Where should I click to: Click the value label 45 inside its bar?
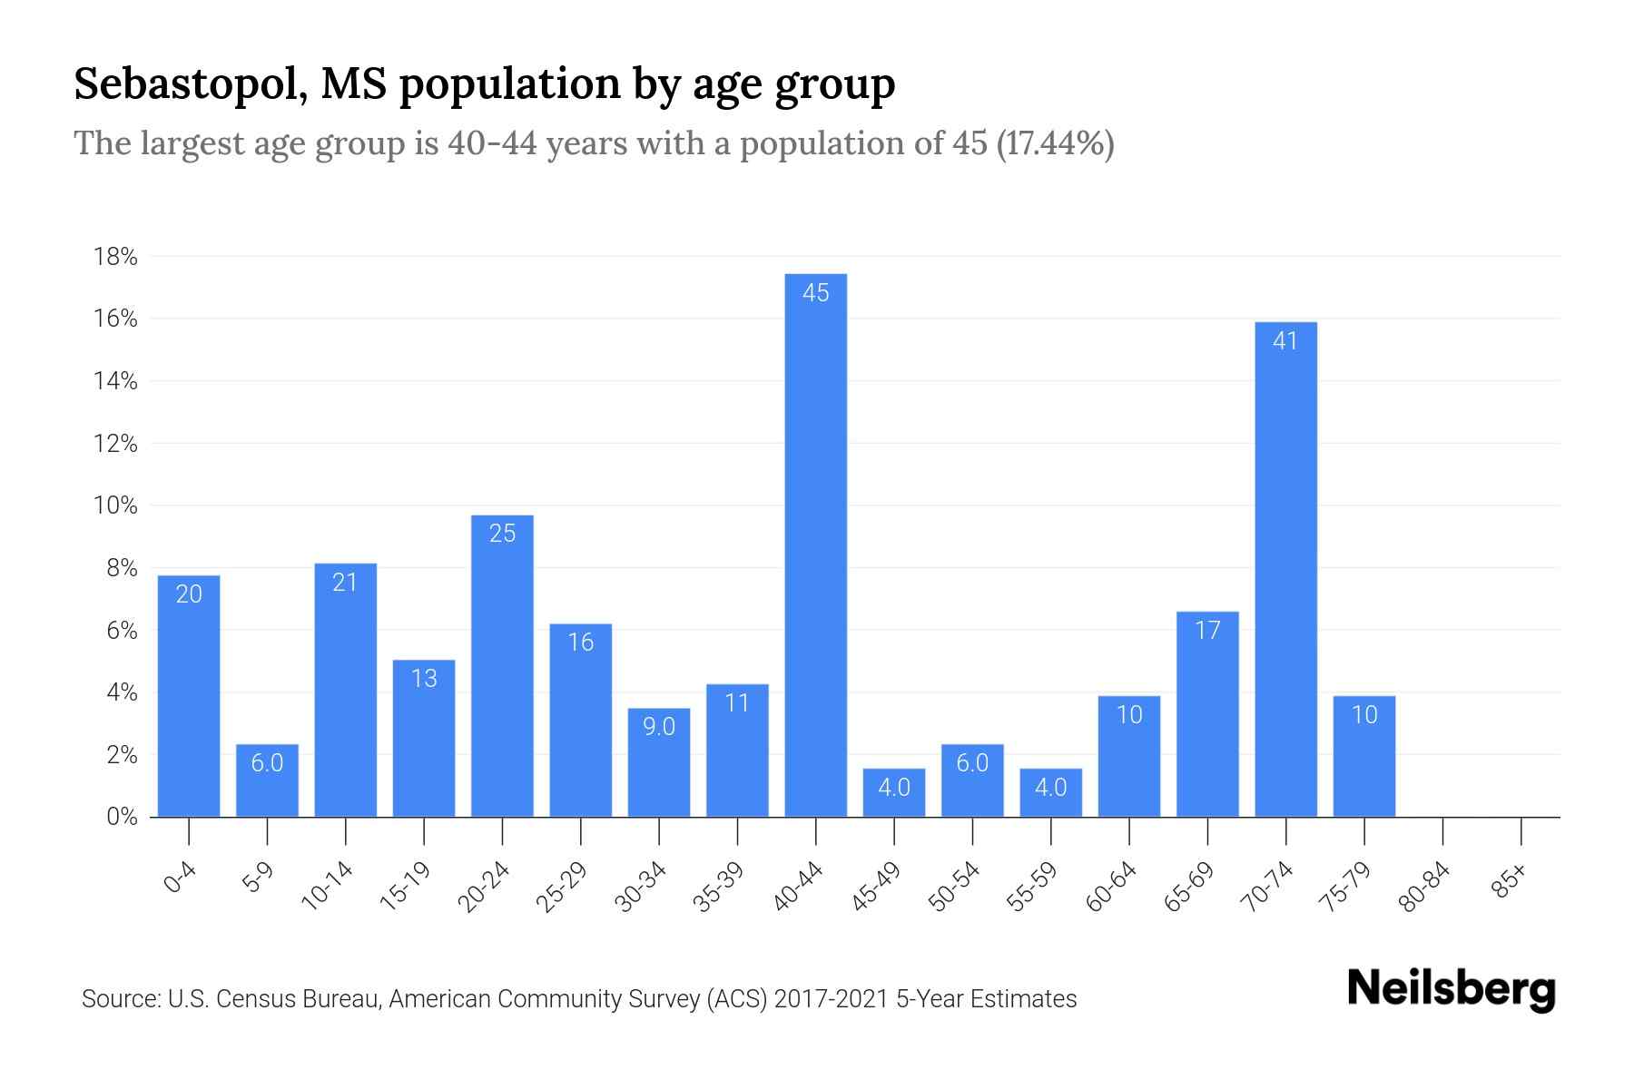coord(815,293)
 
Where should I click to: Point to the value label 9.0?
coord(659,727)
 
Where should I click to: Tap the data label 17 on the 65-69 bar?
coord(1207,631)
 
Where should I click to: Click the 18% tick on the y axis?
coord(115,257)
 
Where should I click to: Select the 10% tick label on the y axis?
coord(115,505)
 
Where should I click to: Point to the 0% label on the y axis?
coord(122,817)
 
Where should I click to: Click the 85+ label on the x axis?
coord(1510,882)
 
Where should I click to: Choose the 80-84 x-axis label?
coord(1424,888)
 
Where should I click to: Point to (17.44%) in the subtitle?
coord(1055,143)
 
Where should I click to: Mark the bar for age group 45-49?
coord(894,792)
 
